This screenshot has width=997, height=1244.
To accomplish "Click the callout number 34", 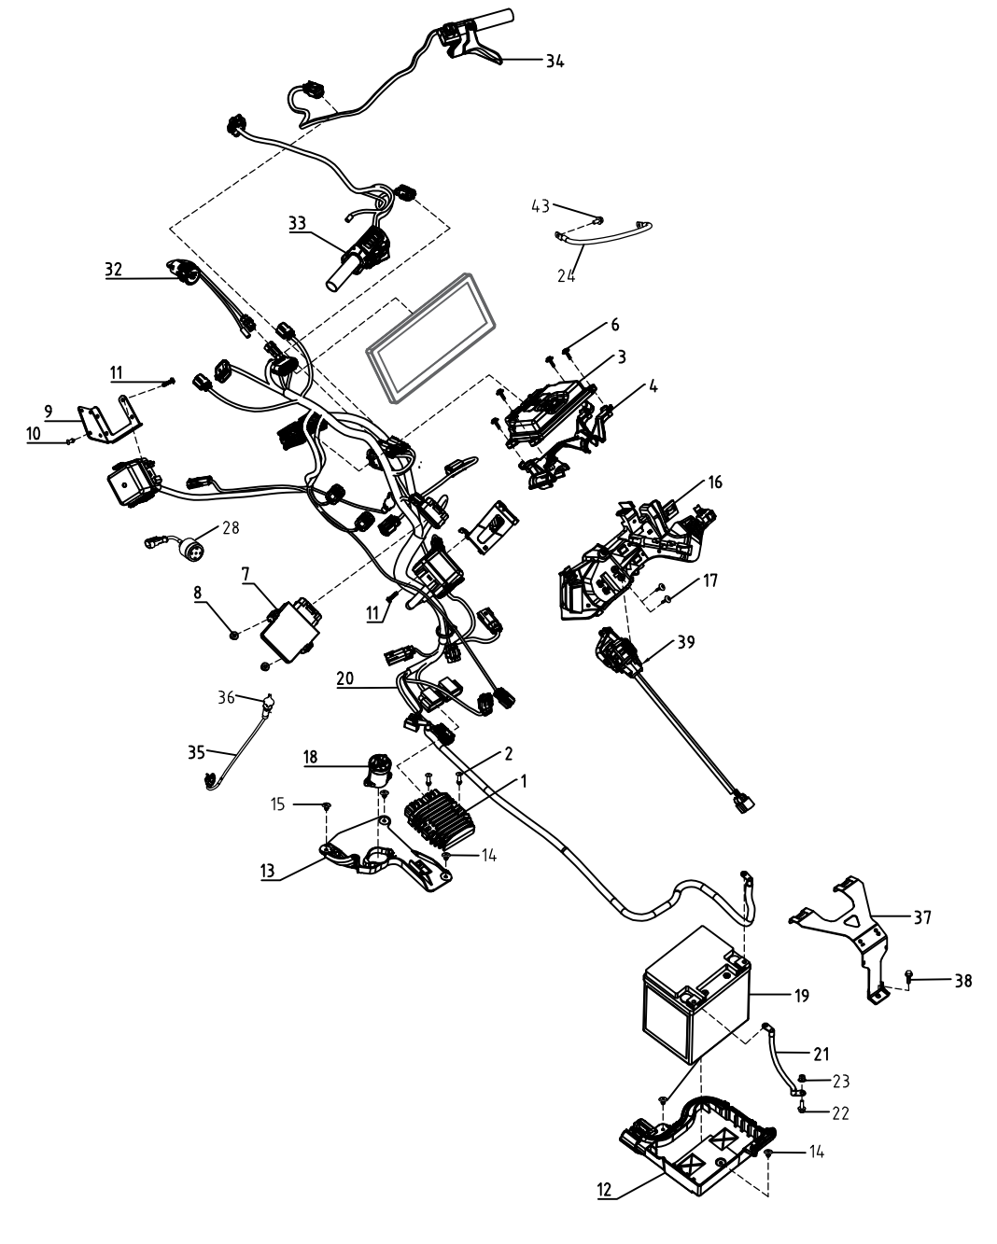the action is (555, 61).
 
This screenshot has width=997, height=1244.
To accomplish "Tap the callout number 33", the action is (297, 223).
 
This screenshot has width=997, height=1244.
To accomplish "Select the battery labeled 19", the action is (696, 995).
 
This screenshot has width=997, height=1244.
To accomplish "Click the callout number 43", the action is (541, 206).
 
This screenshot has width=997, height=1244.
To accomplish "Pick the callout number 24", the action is (566, 275).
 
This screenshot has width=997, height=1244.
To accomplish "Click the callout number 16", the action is (715, 482).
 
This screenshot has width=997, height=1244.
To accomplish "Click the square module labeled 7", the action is (289, 632).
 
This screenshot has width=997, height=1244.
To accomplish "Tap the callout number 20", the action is (344, 678).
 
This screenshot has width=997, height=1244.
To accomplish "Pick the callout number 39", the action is (686, 642).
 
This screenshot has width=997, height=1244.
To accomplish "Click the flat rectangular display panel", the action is (431, 338).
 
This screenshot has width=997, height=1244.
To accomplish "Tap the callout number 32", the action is (113, 270).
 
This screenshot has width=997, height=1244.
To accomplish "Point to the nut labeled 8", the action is (234, 636).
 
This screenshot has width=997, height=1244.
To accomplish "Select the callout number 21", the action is (821, 1055).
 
